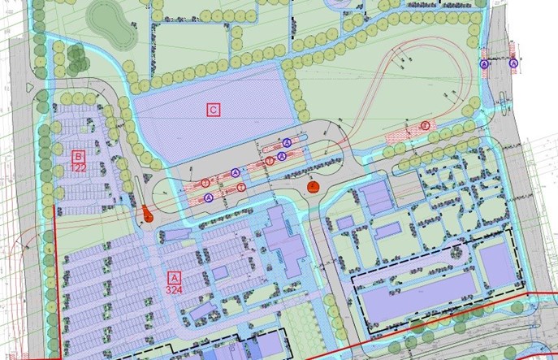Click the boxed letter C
pos(213,109)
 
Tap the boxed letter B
pos(79,156)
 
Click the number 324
pos(172,288)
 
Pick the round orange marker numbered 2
pos(313,187)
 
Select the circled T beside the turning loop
pos(426,125)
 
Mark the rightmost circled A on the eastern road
pos(513,63)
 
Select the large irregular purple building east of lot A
pos(280,240)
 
